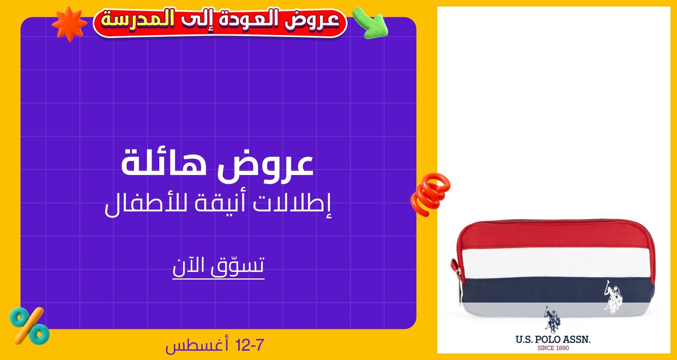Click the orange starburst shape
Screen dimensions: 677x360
coord(69,24)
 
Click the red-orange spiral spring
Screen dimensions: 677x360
coord(430,195)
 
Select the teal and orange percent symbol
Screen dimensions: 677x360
coord(29,326)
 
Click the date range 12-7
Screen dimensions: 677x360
coord(250,345)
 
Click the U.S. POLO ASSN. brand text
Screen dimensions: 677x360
coord(553,339)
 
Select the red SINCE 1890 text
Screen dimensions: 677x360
coord(553,348)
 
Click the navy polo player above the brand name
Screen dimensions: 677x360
coord(552,319)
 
